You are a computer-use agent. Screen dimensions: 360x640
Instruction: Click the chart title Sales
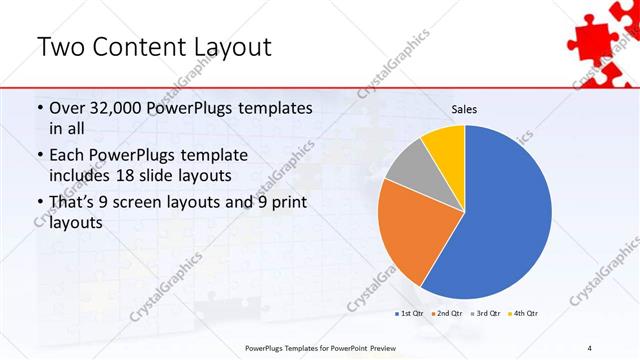463,108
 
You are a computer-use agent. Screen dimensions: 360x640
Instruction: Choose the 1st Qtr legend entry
407,314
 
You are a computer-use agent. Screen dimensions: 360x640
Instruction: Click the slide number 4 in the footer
590,347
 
